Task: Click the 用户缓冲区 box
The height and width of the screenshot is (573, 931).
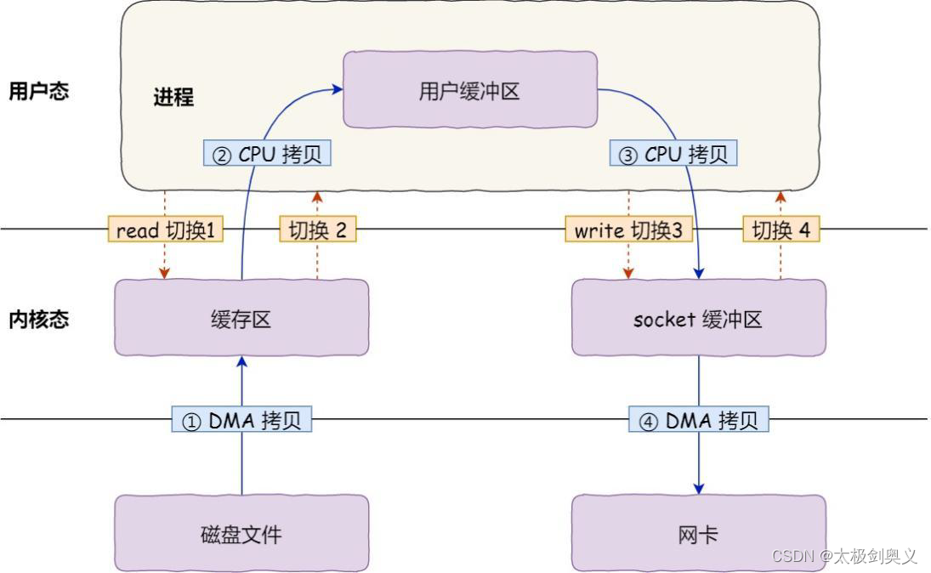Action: [x=469, y=90]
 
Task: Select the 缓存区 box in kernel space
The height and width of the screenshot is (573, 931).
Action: [x=241, y=318]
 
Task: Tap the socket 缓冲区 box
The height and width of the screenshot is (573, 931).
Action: [x=698, y=318]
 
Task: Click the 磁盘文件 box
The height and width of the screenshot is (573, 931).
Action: [x=241, y=534]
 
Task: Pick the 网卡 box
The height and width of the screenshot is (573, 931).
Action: [x=698, y=534]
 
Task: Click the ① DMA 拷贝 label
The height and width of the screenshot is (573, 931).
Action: [x=242, y=420]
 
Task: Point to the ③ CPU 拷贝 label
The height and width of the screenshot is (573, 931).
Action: [x=673, y=154]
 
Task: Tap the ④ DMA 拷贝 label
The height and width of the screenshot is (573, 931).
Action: [x=699, y=420]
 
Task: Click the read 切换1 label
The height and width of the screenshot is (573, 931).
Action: [x=166, y=230]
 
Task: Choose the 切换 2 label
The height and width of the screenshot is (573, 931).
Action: [x=318, y=230]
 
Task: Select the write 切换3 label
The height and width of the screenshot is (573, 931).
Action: [x=629, y=230]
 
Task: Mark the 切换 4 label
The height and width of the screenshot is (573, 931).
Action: [x=781, y=230]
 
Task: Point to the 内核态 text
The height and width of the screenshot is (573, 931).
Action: [x=38, y=320]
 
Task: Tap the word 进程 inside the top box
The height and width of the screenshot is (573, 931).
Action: [x=173, y=98]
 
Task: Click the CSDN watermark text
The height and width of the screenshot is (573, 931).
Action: [x=844, y=556]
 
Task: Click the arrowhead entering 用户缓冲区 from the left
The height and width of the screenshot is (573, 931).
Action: [x=338, y=87]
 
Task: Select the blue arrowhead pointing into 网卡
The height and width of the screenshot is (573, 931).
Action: [x=699, y=489]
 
